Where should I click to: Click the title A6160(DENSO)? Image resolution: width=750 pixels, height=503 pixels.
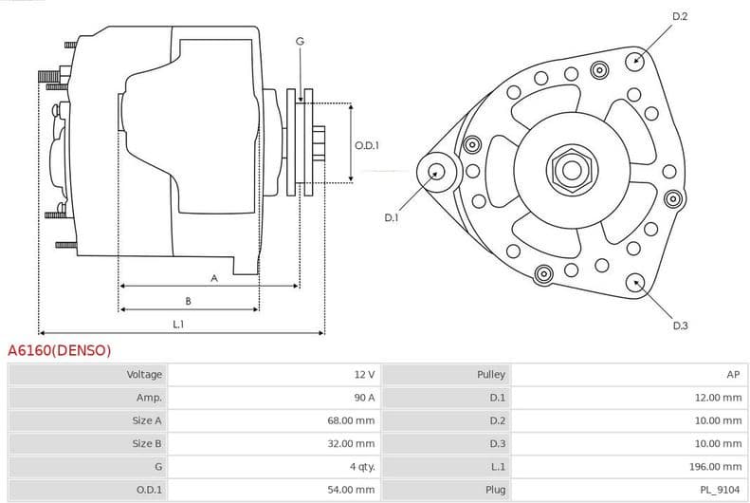[x=59, y=350]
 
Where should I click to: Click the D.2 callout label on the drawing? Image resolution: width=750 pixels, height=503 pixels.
[x=679, y=16]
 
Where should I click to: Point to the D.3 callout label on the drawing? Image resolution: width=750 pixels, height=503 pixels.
[x=680, y=326]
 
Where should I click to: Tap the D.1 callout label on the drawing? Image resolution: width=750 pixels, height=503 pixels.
[x=391, y=217]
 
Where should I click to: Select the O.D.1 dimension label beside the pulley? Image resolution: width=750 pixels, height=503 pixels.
[x=367, y=145]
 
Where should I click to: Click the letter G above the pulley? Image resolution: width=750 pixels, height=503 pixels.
[x=300, y=41]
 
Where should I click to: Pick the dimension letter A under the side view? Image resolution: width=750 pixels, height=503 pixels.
[x=214, y=278]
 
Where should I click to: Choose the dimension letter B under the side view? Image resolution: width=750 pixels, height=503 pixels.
[x=189, y=301]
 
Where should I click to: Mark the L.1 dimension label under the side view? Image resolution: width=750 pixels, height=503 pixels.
[x=178, y=325]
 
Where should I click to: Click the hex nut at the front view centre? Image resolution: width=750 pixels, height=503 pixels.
[x=571, y=170]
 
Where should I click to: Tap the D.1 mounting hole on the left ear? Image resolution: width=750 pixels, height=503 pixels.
[x=437, y=172]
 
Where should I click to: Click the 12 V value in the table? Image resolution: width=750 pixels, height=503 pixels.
[x=364, y=375]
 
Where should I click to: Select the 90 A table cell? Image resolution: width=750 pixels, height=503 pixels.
[x=364, y=398]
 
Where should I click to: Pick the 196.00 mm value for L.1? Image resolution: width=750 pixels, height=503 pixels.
[x=718, y=467]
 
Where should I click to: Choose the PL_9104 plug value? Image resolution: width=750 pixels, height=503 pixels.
[x=722, y=490]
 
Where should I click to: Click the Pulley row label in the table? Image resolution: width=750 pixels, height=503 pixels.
[x=491, y=375]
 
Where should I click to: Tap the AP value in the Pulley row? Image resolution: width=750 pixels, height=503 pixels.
[x=733, y=375]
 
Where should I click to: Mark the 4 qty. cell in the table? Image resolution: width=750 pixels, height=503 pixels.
[x=361, y=467]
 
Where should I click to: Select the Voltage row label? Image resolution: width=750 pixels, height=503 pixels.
[x=144, y=375]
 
